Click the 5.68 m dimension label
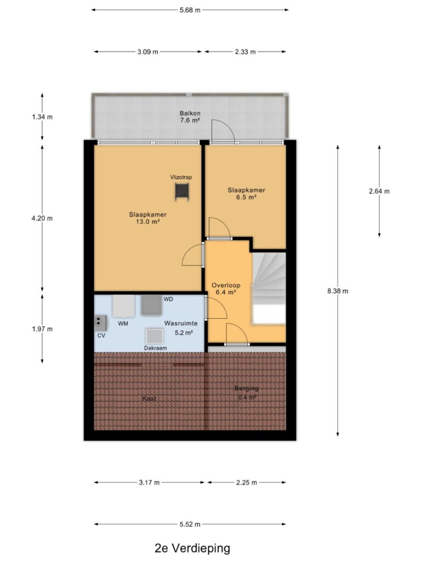190,10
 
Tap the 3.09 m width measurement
148,52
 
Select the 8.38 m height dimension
338,291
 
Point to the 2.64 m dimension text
379,192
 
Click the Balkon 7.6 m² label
190,117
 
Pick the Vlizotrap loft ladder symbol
181,192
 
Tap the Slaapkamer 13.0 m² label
148,218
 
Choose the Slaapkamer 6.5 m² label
246,194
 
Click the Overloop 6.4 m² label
226,289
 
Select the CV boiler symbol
101,323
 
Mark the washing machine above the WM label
123,306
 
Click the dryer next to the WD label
151,305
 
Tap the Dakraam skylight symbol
155,336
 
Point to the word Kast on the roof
149,398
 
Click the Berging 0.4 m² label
247,393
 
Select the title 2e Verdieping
192,548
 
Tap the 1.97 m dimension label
42,329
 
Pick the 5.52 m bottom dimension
190,524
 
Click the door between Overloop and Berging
237,334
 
